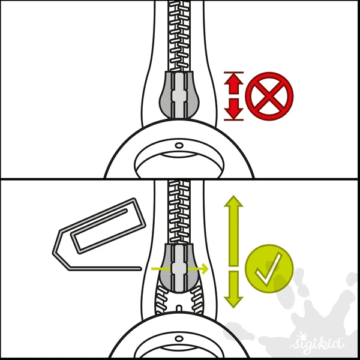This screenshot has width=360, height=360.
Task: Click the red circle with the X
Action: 269,96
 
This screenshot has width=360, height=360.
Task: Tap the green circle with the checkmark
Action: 268,268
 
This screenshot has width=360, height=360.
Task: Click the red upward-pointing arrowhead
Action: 233,79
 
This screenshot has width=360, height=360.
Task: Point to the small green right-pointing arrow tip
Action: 204,269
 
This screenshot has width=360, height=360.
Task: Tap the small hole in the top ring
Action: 179,145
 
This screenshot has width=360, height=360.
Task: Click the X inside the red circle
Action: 269,96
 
